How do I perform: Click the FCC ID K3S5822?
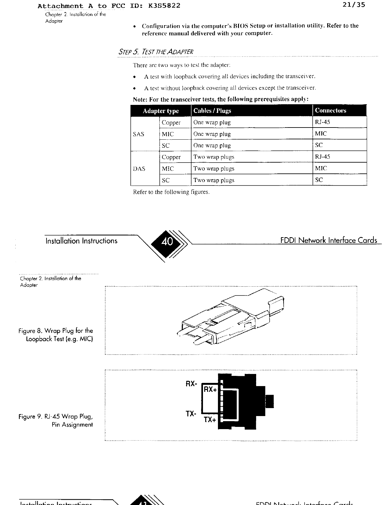164,6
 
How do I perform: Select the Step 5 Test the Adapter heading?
155,52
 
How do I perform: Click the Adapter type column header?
161,111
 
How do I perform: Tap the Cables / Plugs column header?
212,111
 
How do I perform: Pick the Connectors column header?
330,111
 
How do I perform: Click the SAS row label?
139,134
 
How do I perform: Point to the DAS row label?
139,169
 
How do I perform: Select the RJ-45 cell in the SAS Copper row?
322,122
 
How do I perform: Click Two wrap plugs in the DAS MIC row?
214,169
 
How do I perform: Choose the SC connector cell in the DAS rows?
319,180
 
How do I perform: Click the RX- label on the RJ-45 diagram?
191,384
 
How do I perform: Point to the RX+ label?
210,389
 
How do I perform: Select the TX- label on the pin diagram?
191,414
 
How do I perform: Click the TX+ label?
210,420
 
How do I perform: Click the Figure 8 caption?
56,335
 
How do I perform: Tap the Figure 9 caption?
56,421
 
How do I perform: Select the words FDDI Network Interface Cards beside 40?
329,240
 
